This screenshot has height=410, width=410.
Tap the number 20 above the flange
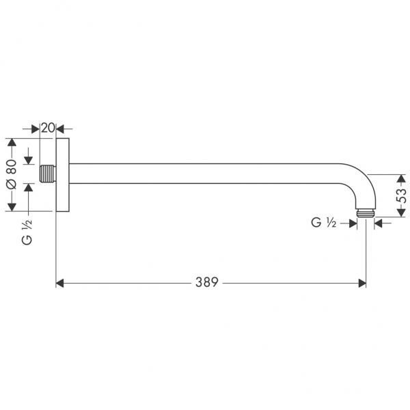47,128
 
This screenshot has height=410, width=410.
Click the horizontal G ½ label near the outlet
323,222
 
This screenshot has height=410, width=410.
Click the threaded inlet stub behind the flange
46,173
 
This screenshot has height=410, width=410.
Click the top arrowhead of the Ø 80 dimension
11,143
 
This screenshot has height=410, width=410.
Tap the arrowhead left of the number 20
36,128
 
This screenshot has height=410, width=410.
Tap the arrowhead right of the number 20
59,128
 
